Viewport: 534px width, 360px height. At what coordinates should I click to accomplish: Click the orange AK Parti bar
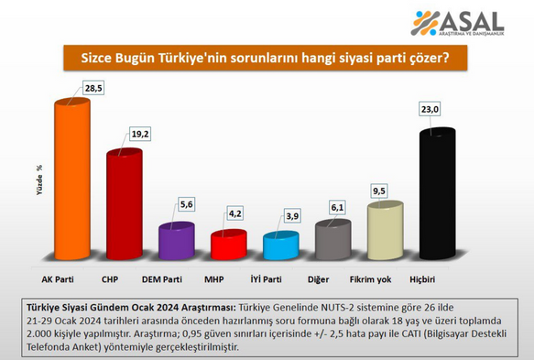point(72,179)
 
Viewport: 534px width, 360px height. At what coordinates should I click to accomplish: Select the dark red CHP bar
point(125,204)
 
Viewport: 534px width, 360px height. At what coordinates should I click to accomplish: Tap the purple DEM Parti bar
point(177,241)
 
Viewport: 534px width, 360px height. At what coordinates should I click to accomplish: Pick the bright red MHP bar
point(228,245)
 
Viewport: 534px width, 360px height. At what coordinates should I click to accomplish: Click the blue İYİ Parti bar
point(281,245)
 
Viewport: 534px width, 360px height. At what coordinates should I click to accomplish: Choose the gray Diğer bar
point(333,239)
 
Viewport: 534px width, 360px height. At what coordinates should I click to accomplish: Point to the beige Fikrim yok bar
point(386,231)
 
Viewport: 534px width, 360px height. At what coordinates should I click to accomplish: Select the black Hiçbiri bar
point(438,193)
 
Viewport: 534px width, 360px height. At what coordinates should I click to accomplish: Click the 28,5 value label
point(93,88)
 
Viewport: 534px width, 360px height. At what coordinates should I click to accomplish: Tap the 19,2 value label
point(140,134)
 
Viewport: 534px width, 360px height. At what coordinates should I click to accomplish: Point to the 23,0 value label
point(430,109)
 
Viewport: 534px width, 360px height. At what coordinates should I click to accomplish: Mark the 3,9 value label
point(292,216)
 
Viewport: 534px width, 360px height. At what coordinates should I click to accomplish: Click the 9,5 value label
point(379,191)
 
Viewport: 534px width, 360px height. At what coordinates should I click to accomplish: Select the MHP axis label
point(213,279)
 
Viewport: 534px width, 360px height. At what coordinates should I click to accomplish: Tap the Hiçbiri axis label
point(422,279)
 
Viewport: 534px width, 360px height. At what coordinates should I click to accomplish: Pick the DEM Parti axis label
point(162,279)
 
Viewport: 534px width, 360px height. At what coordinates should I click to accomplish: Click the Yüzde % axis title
point(40,180)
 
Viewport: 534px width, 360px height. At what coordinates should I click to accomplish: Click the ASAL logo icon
point(425,23)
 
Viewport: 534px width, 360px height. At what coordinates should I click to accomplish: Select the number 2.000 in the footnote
point(38,334)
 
